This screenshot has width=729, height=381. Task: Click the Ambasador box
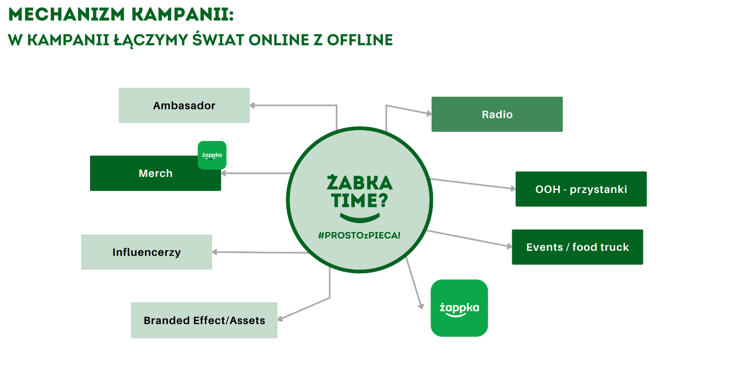tap(184, 105)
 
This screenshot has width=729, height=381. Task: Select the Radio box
tap(497, 114)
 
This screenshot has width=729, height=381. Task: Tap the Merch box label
tap(155, 173)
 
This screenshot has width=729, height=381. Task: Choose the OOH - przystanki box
tap(581, 189)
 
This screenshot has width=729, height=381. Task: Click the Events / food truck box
tap(578, 247)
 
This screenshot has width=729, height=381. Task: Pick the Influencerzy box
tap(146, 252)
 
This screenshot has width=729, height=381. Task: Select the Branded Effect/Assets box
tap(204, 321)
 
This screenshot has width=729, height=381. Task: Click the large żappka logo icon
tap(459, 308)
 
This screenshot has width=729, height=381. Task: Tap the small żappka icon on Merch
tap(212, 155)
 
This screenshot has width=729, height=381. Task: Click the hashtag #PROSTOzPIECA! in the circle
tap(359, 235)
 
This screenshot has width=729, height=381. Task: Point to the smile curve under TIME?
tap(360, 218)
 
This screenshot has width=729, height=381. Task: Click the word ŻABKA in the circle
tap(360, 182)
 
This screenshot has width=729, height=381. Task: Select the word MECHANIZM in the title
tap(67, 14)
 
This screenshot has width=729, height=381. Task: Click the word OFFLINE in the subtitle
tap(360, 40)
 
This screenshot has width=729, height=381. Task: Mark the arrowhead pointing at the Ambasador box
tap(252, 105)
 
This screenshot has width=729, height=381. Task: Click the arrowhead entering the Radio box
tap(429, 113)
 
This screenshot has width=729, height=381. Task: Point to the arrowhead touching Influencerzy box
tap(215, 252)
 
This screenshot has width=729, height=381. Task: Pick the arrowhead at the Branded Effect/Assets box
tap(280, 319)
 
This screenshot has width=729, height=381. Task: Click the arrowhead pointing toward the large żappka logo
tap(421, 306)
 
